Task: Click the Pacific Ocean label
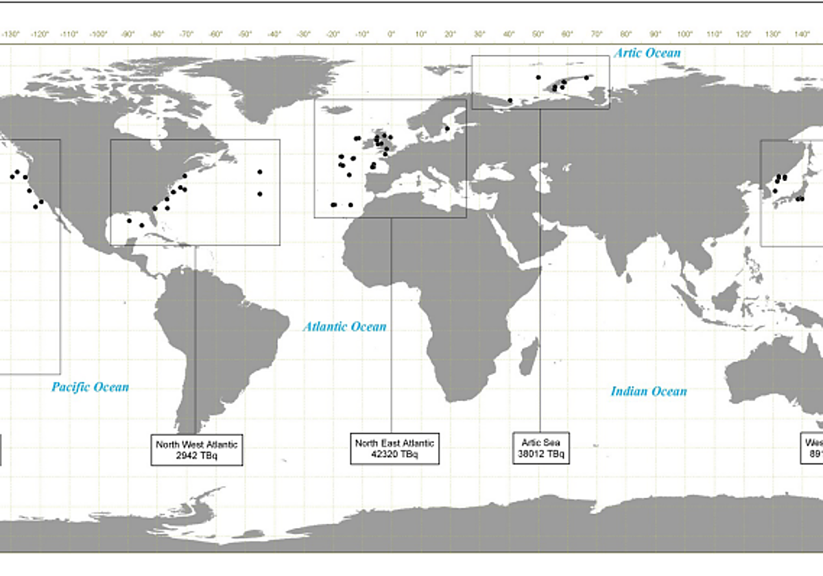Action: (x=90, y=387)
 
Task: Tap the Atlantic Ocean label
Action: (x=345, y=327)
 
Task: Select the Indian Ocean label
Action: (x=649, y=392)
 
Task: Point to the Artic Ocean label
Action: (x=647, y=53)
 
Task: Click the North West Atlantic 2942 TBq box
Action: (x=197, y=450)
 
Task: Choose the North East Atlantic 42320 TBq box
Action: (x=394, y=448)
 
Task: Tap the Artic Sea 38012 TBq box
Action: (x=541, y=448)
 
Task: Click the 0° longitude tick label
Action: (x=391, y=34)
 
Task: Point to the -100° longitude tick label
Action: (x=98, y=34)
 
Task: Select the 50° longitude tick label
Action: (x=538, y=34)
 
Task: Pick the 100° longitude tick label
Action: (x=684, y=34)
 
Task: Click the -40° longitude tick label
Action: (x=274, y=34)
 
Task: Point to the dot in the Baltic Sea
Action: (x=446, y=128)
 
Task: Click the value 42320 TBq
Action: (x=394, y=455)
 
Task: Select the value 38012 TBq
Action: (x=541, y=453)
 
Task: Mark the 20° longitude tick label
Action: (x=450, y=34)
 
